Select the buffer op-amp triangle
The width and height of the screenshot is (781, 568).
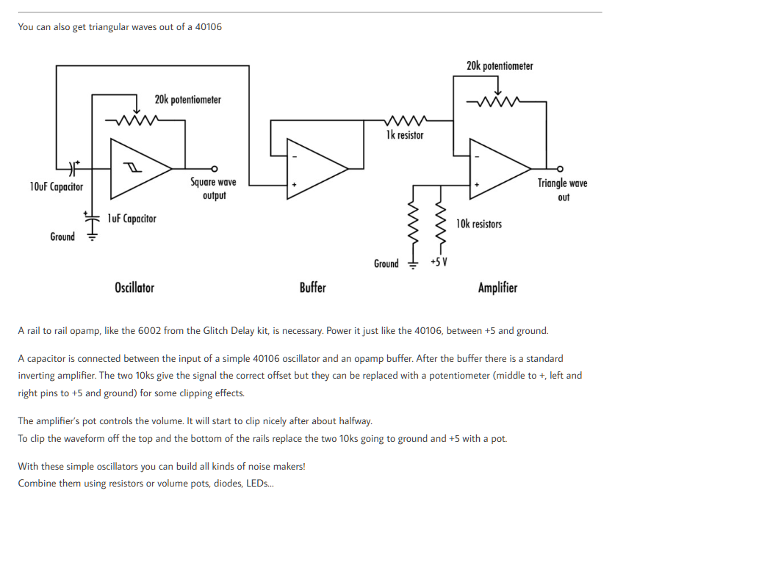tap(314, 168)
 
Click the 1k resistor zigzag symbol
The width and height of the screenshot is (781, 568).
tap(404, 120)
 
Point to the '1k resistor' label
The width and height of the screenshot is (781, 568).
tap(405, 135)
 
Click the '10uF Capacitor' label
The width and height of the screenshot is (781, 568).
tap(57, 186)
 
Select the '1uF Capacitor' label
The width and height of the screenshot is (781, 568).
tap(132, 219)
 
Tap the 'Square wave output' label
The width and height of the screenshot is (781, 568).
tap(214, 189)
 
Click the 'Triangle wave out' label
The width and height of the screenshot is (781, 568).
tap(563, 190)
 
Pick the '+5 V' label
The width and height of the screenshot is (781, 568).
tap(439, 263)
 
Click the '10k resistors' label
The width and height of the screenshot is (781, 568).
tap(479, 224)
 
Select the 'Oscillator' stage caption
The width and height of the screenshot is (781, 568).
tap(134, 288)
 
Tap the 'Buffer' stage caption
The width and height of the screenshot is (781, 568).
tap(312, 288)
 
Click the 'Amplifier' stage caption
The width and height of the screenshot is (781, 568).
tap(497, 288)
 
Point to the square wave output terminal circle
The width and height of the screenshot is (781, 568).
tap(214, 168)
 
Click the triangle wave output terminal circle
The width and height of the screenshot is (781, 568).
tap(561, 168)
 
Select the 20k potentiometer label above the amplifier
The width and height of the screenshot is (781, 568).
tap(500, 66)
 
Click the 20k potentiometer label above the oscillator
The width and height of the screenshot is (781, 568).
tap(187, 99)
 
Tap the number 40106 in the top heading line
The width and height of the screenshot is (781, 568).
tap(208, 27)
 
